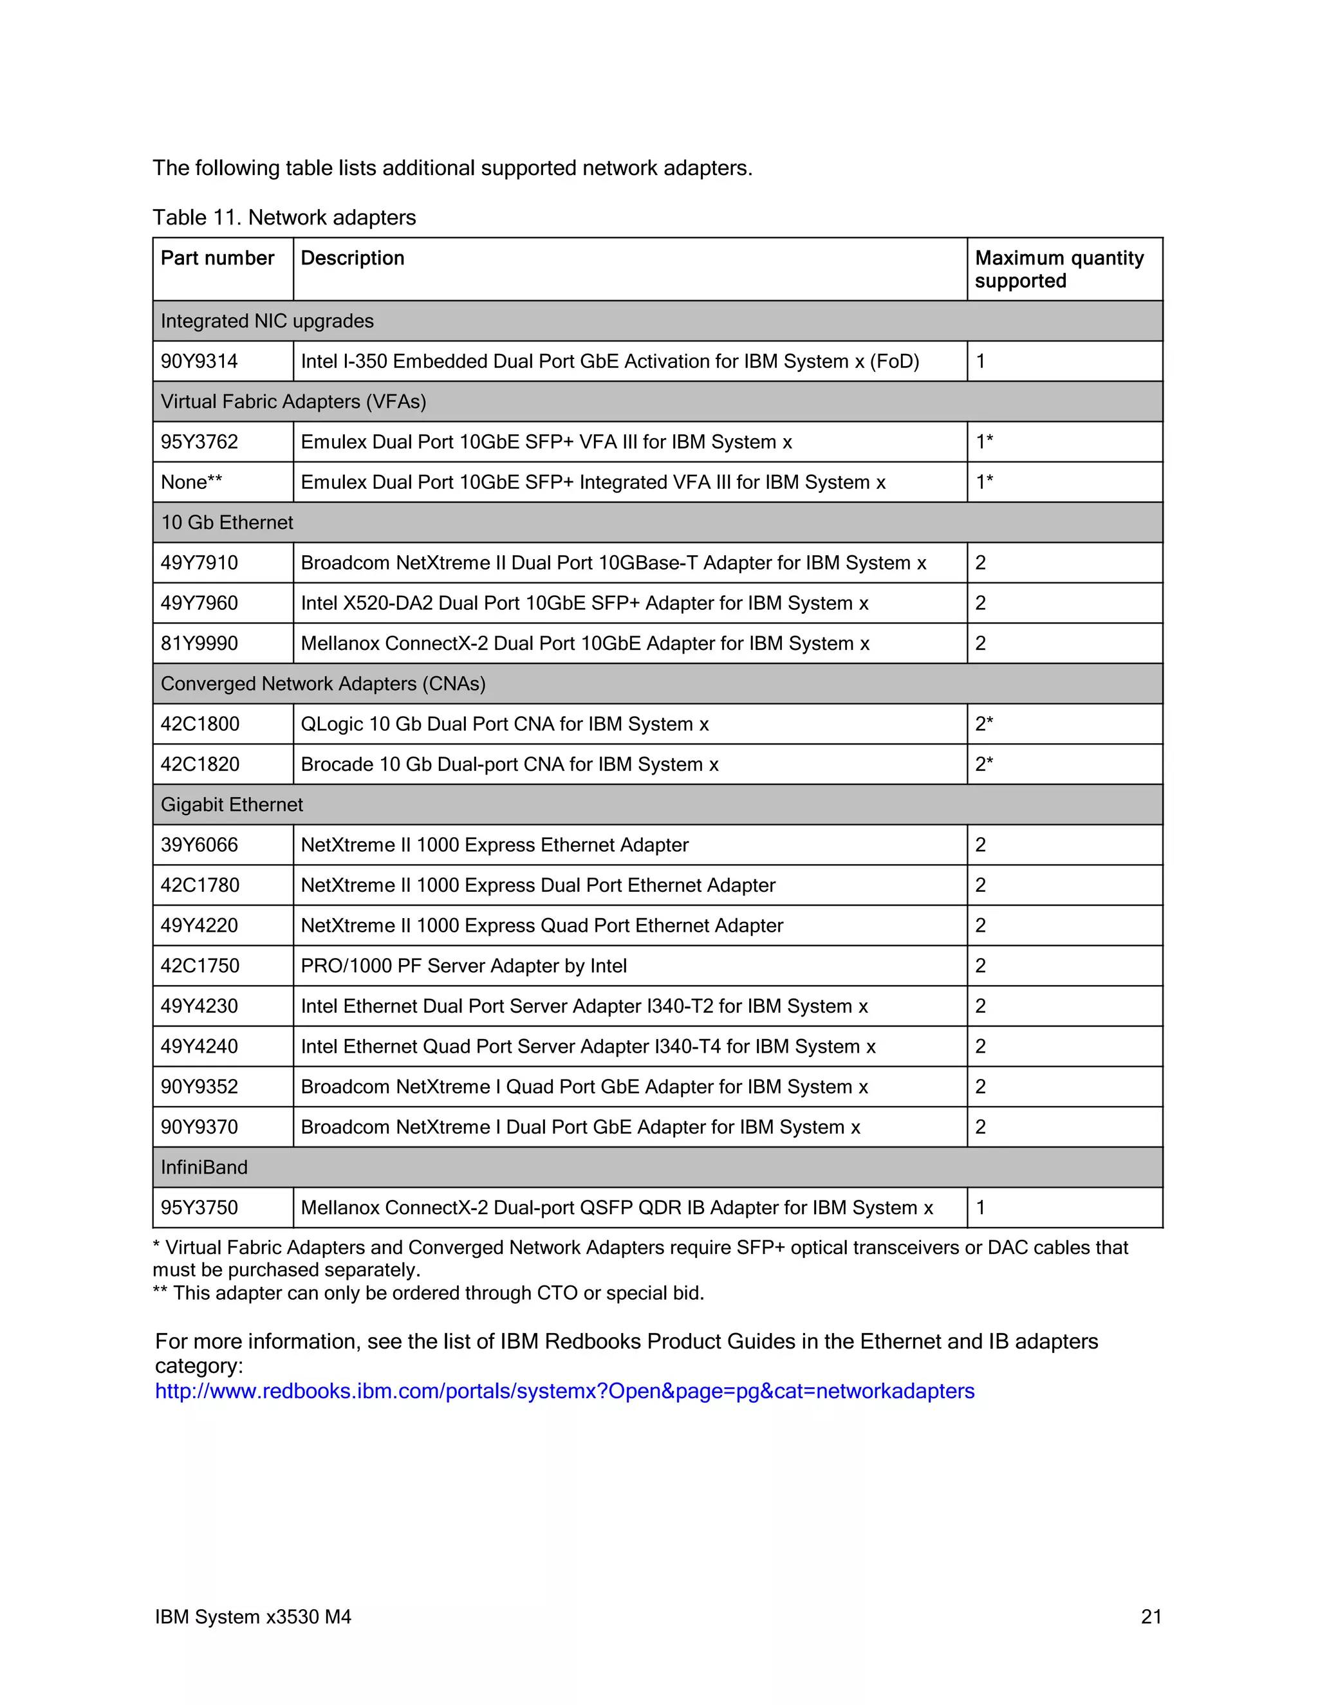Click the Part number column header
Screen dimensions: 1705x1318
[x=217, y=259]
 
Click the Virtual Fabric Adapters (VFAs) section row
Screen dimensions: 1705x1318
[x=293, y=401]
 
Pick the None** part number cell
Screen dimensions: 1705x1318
[x=191, y=483]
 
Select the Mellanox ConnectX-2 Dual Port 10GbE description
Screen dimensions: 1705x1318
[x=585, y=643]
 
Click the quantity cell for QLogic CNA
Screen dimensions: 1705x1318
[x=984, y=724]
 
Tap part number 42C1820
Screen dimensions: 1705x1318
[x=200, y=764]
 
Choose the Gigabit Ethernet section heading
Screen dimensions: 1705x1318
[x=232, y=805]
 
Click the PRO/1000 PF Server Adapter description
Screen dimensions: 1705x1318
[x=464, y=966]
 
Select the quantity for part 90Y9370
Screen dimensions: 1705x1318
[x=981, y=1127]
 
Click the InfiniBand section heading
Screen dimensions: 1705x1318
[x=204, y=1167]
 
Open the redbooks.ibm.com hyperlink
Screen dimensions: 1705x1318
[x=564, y=1391]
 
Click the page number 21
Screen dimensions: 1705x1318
[x=1151, y=1617]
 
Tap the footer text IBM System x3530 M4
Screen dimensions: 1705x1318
[x=253, y=1617]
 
